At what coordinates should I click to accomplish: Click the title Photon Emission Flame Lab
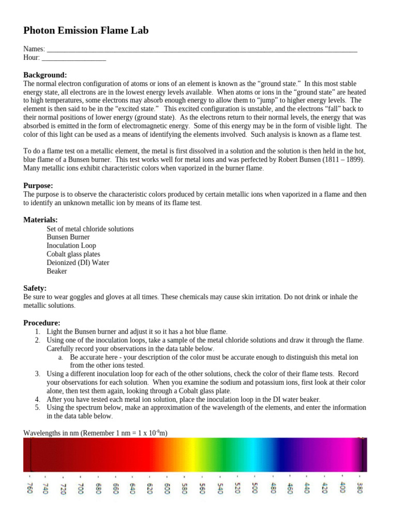coord(86,31)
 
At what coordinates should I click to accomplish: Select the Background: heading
coord(45,75)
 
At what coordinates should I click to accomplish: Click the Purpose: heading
coord(38,185)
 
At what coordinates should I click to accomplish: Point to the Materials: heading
coord(40,220)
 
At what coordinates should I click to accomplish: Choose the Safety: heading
coord(35,288)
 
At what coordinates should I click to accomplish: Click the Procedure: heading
coord(42,322)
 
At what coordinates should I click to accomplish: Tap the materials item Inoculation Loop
coord(71,245)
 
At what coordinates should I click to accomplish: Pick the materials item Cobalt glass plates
coord(73,254)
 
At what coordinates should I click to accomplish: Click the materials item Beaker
coord(57,271)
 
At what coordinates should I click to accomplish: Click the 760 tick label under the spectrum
coord(29,487)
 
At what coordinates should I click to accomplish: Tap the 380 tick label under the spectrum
coord(360,487)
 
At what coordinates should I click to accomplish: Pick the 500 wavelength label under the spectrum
coord(254,487)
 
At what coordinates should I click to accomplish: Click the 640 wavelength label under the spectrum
coord(132,487)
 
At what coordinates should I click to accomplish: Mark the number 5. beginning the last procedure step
coord(38,408)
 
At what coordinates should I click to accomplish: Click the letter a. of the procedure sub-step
coord(60,357)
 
